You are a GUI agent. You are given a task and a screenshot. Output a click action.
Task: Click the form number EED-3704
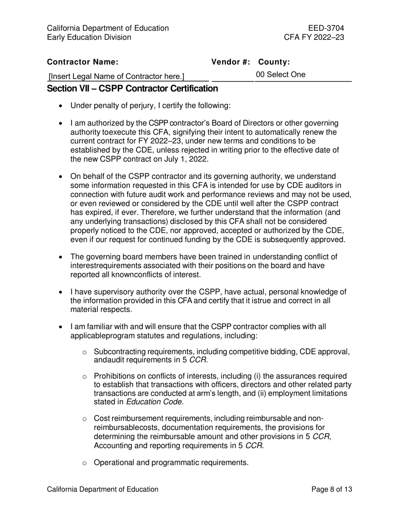tap(326, 28)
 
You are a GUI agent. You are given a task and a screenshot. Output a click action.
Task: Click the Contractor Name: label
tap(83, 62)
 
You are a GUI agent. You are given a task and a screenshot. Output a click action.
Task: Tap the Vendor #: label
tap(231, 62)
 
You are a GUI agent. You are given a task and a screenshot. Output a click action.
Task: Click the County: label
tap(274, 62)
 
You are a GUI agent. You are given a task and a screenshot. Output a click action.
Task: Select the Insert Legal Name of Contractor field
tap(116, 76)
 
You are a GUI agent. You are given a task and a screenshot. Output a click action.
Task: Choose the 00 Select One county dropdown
tap(281, 75)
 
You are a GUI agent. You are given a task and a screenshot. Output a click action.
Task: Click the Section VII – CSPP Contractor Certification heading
tap(132, 89)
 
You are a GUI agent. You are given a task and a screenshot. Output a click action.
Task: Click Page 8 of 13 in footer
tap(331, 489)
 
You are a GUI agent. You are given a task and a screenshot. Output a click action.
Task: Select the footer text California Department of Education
tap(102, 489)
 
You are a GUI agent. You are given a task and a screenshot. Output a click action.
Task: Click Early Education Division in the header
tap(89, 37)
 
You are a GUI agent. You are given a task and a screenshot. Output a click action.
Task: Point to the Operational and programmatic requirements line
tap(171, 463)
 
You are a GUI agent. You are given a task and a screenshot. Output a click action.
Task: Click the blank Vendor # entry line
tap(232, 77)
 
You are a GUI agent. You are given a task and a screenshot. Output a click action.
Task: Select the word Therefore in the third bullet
tap(167, 212)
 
